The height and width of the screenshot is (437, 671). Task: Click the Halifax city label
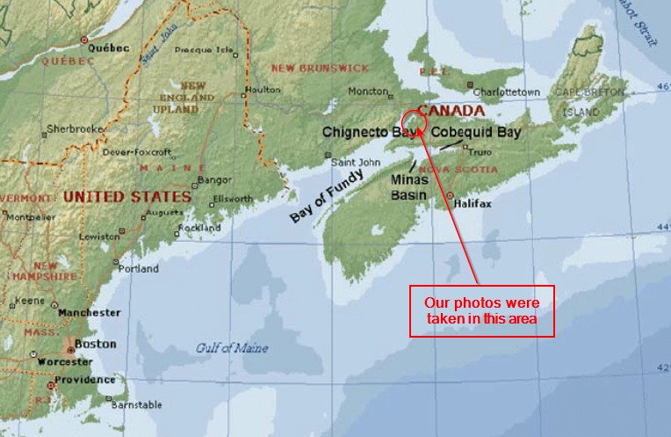coord(473,203)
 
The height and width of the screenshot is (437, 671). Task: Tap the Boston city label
coord(96,344)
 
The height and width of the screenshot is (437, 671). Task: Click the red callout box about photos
coord(482,310)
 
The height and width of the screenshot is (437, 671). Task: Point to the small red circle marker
coord(413,121)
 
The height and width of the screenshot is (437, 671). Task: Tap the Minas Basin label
coord(408,185)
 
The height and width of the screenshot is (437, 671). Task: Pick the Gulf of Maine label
coord(230,348)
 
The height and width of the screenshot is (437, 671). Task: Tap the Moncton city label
coord(367,91)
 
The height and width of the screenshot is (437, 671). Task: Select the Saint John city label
coord(355,162)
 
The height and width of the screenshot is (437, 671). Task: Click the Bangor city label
coord(215,179)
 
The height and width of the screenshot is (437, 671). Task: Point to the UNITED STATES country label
coord(127,196)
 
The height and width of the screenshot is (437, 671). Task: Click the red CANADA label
coord(451,111)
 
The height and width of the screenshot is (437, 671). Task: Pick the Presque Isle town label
coord(205,50)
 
